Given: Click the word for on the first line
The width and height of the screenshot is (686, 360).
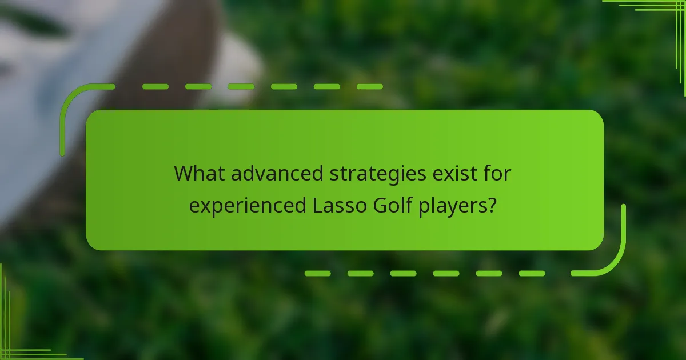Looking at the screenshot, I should pos(496,173).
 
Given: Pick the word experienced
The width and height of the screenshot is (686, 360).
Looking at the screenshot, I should pos(248,206).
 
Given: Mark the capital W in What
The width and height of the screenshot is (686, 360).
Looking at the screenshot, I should pos(184,173).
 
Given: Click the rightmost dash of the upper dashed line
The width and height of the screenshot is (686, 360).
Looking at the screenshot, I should pos(370,87).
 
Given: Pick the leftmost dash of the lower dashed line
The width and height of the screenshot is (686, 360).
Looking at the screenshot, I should pos(317,273).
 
